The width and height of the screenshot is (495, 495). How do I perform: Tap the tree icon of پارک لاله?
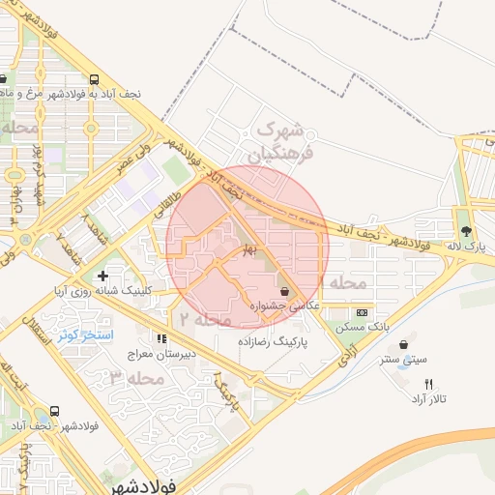coord(467,231)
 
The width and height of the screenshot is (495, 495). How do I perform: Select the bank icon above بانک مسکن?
coord(362,312)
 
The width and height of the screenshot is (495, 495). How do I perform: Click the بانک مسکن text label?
coord(362,328)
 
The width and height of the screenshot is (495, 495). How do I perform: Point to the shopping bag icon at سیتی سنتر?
coord(403,344)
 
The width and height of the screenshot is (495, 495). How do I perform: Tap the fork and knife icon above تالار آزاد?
coord(429,383)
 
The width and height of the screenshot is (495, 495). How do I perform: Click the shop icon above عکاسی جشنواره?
coord(284,291)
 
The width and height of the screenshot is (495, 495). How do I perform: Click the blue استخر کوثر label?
coord(85,335)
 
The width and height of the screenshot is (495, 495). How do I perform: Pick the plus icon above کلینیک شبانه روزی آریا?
coord(102,277)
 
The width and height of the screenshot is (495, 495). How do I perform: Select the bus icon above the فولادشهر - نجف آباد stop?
coord(54,411)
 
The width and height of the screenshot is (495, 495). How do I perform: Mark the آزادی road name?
coord(345,362)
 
